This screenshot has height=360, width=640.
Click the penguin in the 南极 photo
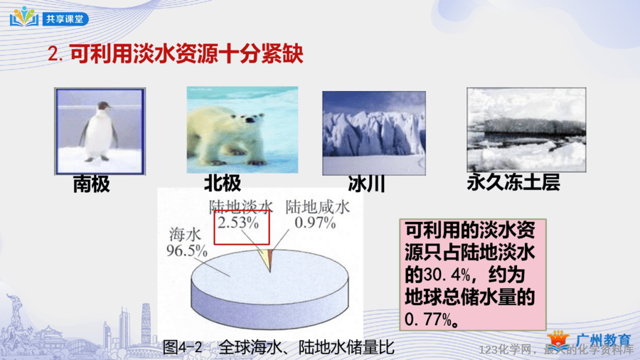click(x=98, y=131)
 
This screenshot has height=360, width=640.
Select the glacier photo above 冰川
click(x=374, y=133)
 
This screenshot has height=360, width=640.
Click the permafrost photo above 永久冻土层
click(x=526, y=129)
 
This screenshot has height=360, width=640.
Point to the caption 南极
click(x=92, y=184)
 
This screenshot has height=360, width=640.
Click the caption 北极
click(x=223, y=183)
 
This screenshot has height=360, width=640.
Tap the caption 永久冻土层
click(x=513, y=182)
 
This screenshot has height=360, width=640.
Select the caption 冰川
click(x=366, y=184)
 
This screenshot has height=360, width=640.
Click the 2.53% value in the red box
click(x=238, y=223)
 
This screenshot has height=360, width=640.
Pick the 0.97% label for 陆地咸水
click(x=315, y=223)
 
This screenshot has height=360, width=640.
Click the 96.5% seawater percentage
click(x=187, y=250)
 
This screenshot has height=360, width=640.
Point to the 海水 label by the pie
click(x=186, y=235)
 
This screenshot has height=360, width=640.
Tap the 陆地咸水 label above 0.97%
click(x=318, y=207)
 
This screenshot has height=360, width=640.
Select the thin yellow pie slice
click(x=265, y=260)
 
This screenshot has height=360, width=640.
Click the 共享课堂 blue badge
click(x=65, y=18)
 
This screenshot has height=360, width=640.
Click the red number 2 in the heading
click(x=54, y=54)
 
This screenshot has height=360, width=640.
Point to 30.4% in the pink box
click(x=447, y=275)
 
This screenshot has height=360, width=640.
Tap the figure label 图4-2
click(x=183, y=348)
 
